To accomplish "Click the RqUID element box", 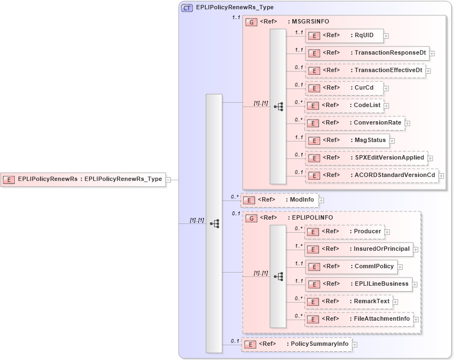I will (x=344, y=36).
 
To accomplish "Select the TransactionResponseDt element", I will (x=367, y=53).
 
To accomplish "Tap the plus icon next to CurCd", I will (x=386, y=87).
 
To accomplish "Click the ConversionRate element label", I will (x=378, y=123).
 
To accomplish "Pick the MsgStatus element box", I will (x=347, y=140).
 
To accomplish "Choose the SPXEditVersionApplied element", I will (x=365, y=158).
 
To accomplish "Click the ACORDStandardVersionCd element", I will (x=372, y=175).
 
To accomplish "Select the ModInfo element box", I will (x=279, y=200).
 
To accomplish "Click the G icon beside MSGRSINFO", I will (x=251, y=22).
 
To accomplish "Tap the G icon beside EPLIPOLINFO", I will (x=251, y=218).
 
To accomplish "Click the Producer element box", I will (x=344, y=232).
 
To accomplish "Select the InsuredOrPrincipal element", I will (x=358, y=249).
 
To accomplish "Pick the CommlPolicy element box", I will (x=352, y=267).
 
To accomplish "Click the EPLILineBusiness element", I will (x=358, y=284).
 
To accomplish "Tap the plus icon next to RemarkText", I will (x=396, y=302).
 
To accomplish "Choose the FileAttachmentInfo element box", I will (x=359, y=319).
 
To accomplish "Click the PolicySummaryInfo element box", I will (x=297, y=344).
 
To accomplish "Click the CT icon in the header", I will (x=187, y=8).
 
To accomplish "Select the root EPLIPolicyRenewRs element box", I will (x=83, y=179).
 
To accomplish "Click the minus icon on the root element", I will (x=169, y=179).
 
